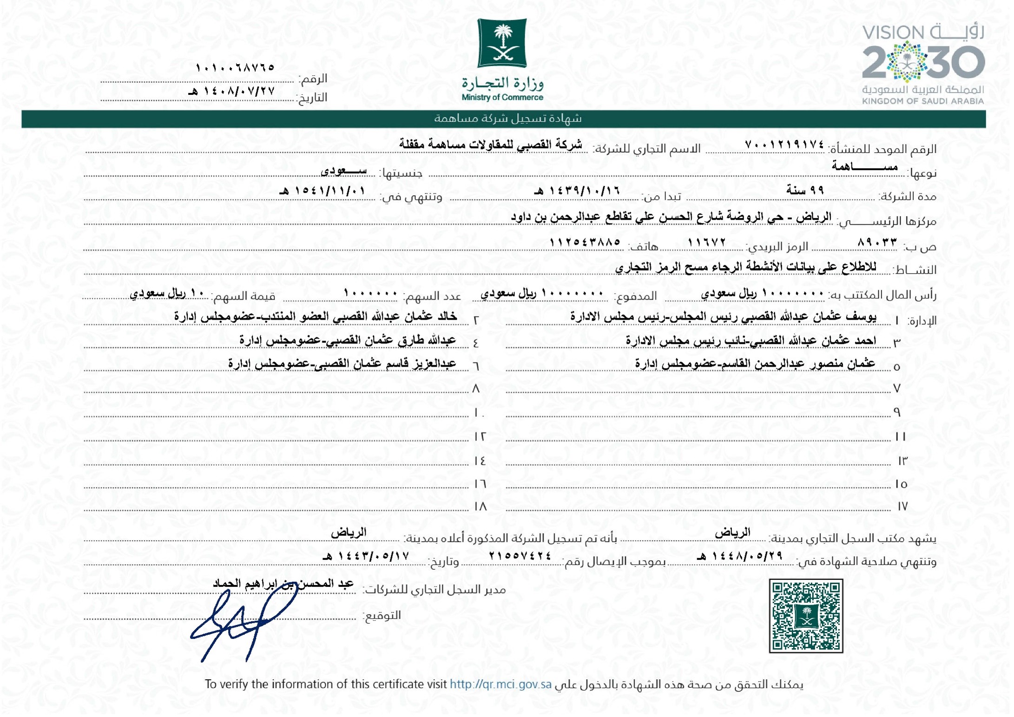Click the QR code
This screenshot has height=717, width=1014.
(x=805, y=615)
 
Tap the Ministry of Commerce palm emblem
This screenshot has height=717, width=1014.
(x=502, y=43)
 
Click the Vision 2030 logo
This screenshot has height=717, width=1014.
(x=923, y=63)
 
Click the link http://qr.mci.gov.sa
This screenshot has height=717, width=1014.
(x=500, y=684)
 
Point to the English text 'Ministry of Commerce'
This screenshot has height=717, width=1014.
(x=502, y=98)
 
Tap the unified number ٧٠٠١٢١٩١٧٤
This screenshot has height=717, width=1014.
(x=784, y=145)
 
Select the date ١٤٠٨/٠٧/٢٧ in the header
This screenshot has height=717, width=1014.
(x=232, y=91)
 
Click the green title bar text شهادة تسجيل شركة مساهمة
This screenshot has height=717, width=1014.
(x=507, y=119)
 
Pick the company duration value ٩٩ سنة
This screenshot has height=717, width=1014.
(x=805, y=190)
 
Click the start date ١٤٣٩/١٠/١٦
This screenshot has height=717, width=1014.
(x=577, y=191)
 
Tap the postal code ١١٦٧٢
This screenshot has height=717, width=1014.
(x=706, y=243)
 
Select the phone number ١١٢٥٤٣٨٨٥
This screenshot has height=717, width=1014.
(x=585, y=243)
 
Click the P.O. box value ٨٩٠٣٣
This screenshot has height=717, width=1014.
(x=877, y=243)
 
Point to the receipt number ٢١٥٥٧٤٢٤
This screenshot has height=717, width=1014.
(x=520, y=556)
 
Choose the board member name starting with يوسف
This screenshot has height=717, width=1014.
(x=723, y=317)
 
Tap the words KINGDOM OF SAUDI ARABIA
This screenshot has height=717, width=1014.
(x=923, y=101)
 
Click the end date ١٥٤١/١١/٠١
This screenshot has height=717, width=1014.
(x=323, y=191)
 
